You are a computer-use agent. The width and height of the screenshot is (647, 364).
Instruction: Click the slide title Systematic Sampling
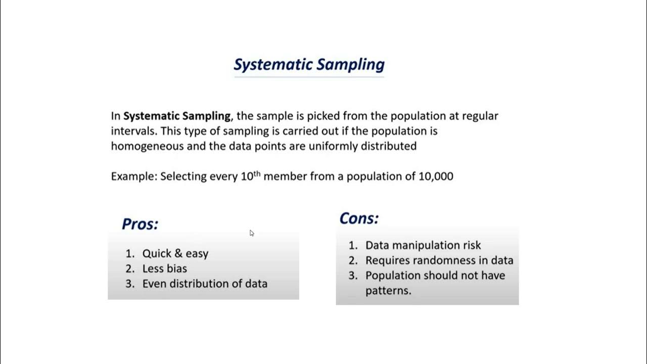coord(309,65)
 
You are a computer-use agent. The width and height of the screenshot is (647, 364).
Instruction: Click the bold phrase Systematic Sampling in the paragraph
coord(177,116)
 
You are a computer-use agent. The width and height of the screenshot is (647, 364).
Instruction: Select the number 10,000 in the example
coord(436,176)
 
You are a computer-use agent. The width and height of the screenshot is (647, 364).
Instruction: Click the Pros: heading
coord(140,224)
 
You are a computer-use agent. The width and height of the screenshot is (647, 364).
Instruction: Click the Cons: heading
coord(359,218)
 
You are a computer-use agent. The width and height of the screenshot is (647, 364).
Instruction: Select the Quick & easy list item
coord(175,253)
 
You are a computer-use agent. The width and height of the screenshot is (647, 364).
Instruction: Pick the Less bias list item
coord(164,268)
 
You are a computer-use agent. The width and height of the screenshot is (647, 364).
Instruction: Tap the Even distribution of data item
coord(204,284)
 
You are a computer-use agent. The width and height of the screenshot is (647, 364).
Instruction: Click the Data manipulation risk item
coord(423,245)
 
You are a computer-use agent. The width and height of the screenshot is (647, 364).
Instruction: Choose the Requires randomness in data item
coord(439,260)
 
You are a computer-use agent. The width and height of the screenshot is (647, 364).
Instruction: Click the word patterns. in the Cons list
coord(388,291)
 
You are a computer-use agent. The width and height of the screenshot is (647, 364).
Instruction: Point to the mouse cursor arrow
coord(251,233)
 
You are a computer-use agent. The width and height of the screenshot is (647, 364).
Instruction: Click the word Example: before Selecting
coord(133,176)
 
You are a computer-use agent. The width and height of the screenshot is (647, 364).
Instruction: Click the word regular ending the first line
coord(479,116)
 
